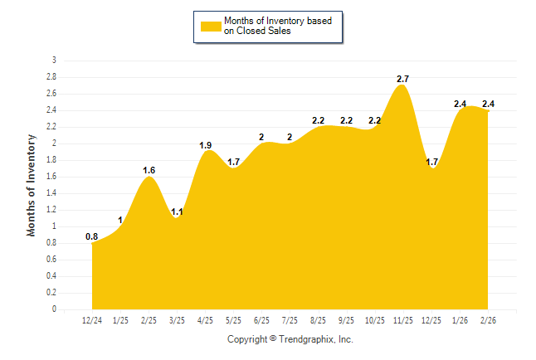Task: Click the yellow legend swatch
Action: [x=211, y=26]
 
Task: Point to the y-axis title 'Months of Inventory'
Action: [x=32, y=185]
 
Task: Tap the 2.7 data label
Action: [x=403, y=79]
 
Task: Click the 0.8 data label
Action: [x=92, y=236]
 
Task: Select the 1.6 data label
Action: [x=149, y=170]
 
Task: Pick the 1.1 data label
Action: [x=177, y=212]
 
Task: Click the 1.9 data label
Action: [x=206, y=145]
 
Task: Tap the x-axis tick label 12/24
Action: [x=92, y=320]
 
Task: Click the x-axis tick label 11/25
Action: [x=403, y=320]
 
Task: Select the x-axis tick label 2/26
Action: [x=489, y=320]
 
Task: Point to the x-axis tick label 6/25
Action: [x=262, y=320]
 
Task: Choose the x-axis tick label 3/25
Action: [x=177, y=320]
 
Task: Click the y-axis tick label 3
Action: [x=54, y=61]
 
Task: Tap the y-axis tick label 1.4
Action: [x=51, y=193]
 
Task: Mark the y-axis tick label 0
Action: [x=54, y=309]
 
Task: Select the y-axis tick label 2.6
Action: [x=51, y=94]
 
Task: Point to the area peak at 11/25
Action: [x=403, y=85]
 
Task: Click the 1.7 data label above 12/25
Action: [x=432, y=162]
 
